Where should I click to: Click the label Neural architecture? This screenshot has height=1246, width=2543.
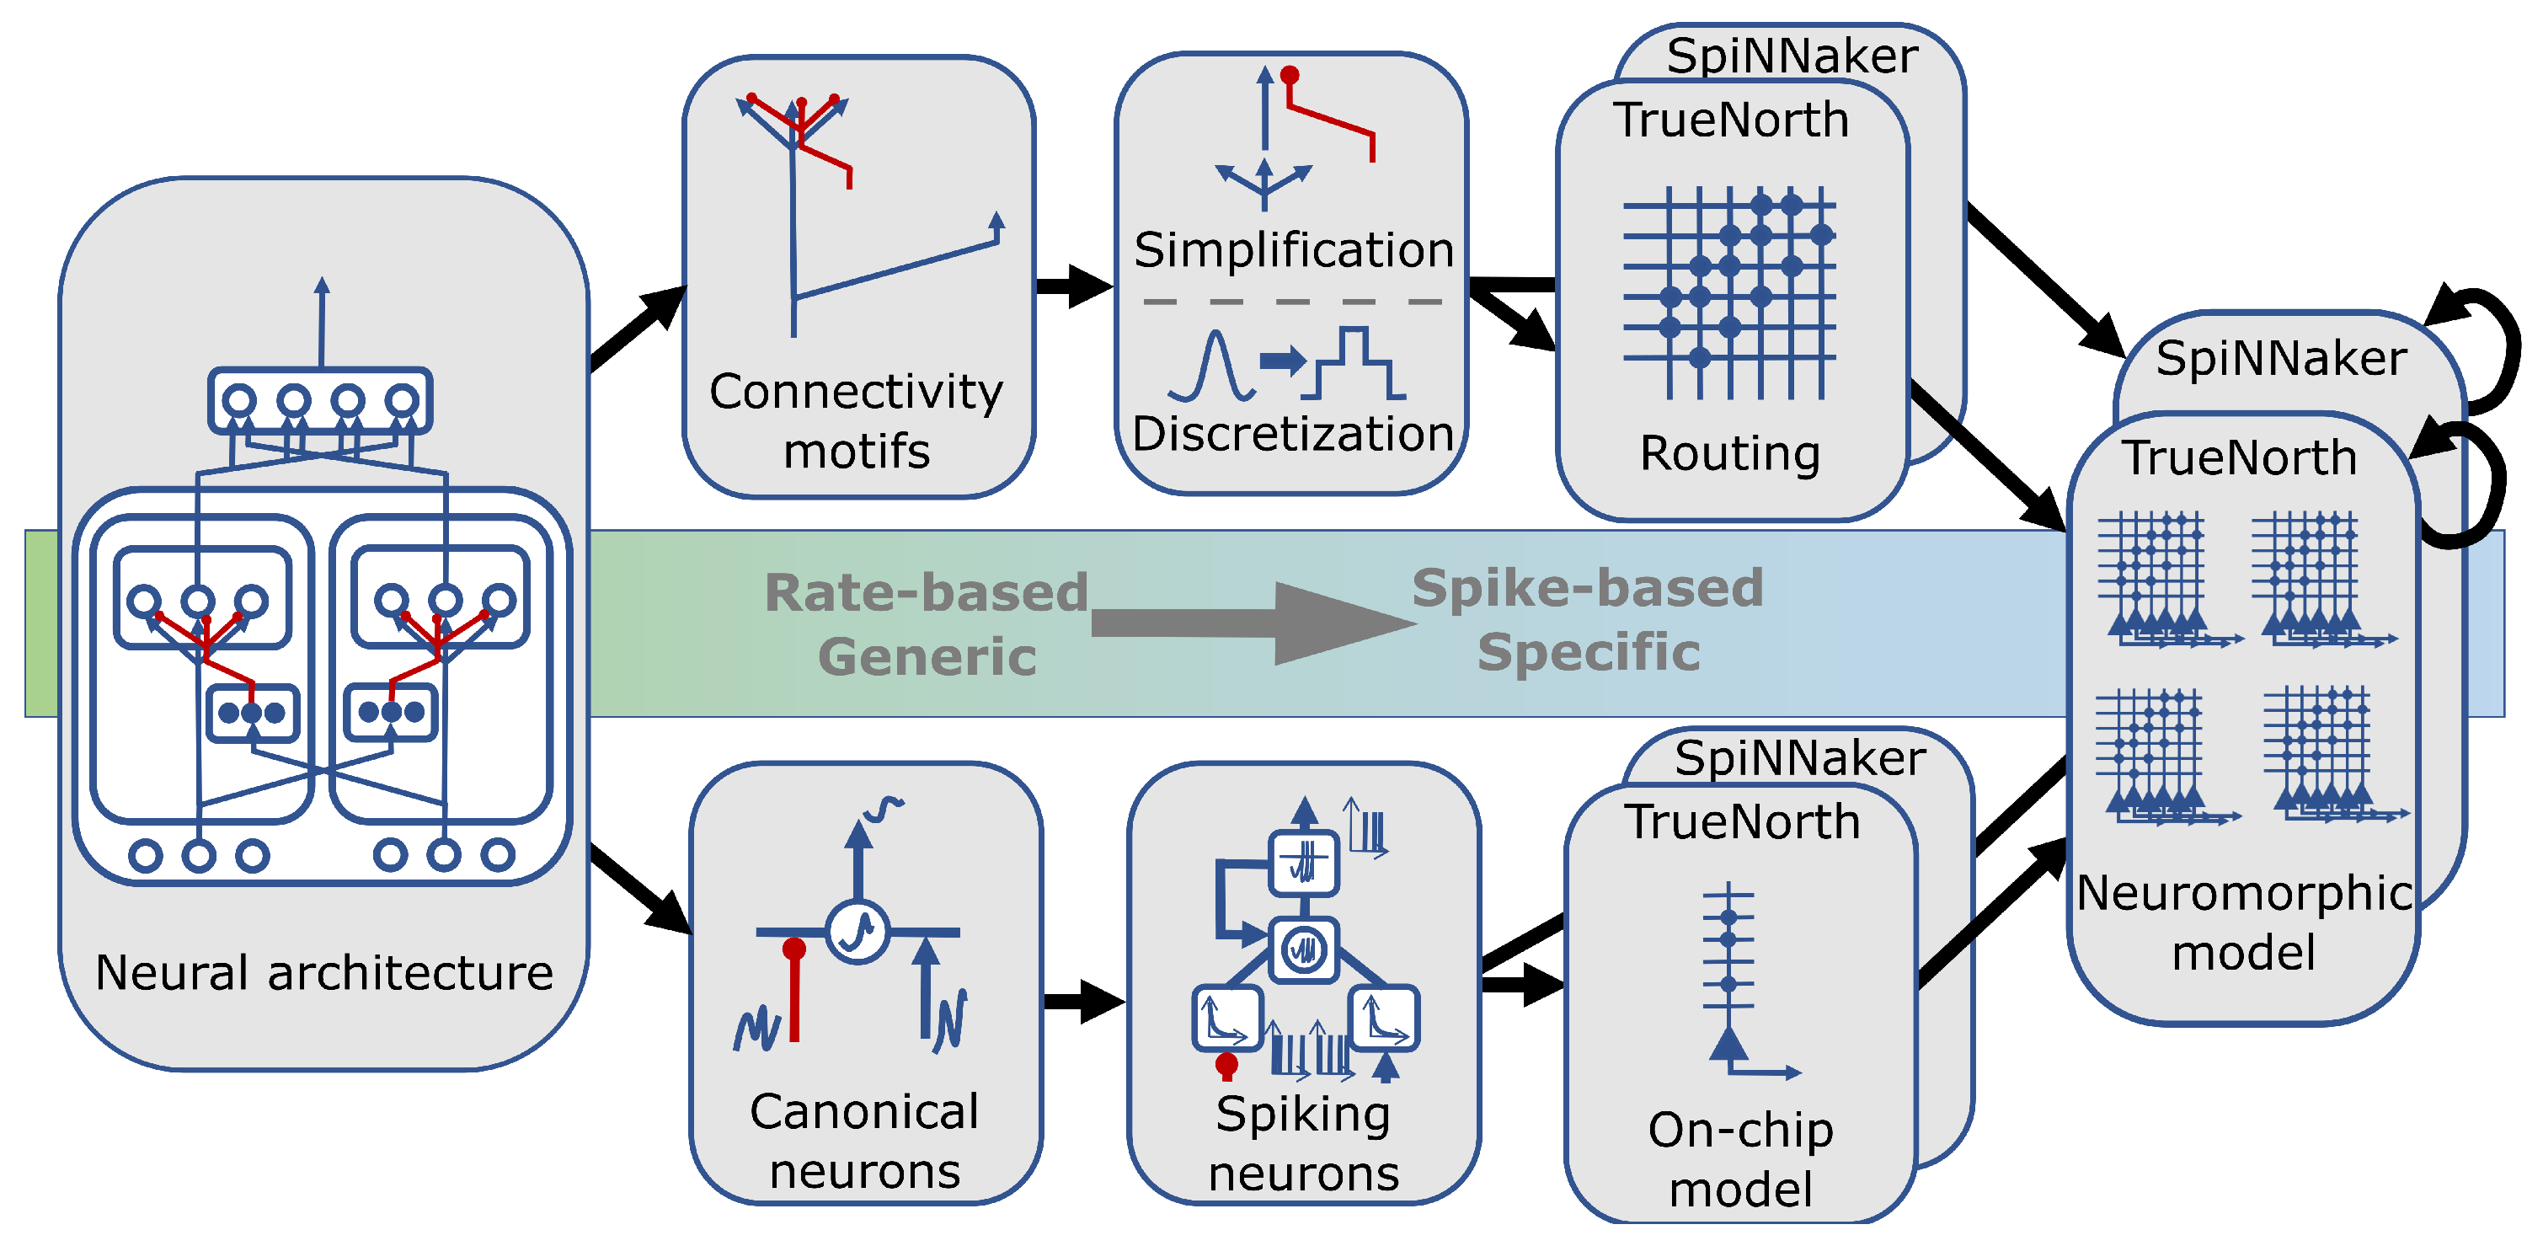pos(323,972)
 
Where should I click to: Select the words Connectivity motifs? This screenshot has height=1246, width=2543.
pos(856,421)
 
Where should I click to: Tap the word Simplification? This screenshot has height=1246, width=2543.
pos(1293,250)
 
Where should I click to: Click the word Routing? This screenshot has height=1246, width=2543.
pos(1729,454)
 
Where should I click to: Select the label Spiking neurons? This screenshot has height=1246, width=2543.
pos(1303,1143)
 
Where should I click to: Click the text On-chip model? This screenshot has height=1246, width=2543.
pos(1740,1159)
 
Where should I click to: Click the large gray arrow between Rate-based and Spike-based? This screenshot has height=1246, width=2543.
pos(1253,623)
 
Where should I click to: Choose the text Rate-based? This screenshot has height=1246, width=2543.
pos(926,593)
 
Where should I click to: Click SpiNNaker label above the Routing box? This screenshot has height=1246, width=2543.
pos(1792,56)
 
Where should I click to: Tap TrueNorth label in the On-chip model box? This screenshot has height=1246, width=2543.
pos(1743,822)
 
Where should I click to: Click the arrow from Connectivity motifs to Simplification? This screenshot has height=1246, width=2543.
pos(1074,286)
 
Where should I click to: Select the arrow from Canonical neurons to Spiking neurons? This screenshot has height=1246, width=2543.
pos(1084,1001)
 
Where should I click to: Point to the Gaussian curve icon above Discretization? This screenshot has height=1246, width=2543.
pos(1212,367)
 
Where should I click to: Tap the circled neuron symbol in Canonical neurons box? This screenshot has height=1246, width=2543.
pos(857,930)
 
